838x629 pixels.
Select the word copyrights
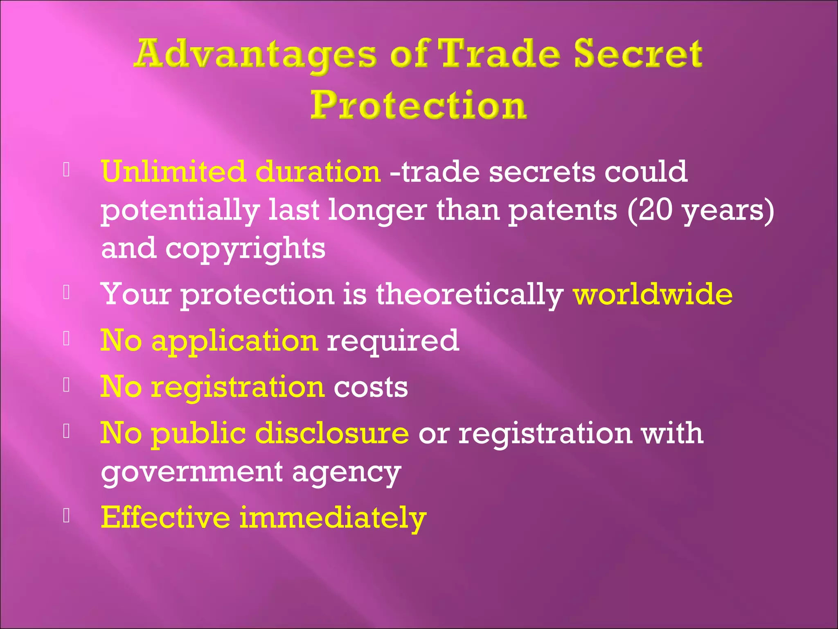point(245,249)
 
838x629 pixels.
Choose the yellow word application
point(234,341)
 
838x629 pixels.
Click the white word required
point(393,341)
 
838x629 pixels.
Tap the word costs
point(371,387)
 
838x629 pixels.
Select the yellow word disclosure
point(332,433)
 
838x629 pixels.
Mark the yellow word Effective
point(165,518)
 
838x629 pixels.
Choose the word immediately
point(333,518)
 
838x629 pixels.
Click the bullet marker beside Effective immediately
point(67,516)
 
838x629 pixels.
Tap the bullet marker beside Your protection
point(67,292)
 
